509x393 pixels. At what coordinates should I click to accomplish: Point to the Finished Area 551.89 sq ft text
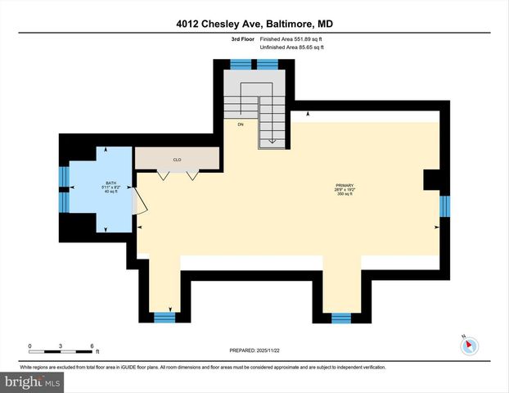pyautogui.click(x=292, y=39)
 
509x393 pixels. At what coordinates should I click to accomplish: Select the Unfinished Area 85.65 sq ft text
pyautogui.click(x=292, y=47)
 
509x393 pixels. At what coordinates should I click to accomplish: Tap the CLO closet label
pyautogui.click(x=177, y=160)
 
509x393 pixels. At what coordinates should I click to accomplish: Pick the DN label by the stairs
pyautogui.click(x=241, y=124)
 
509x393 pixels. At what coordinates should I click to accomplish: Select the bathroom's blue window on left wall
pyautogui.click(x=63, y=188)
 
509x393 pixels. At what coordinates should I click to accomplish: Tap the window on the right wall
pyautogui.click(x=444, y=206)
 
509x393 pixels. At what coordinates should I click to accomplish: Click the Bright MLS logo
pyautogui.click(x=33, y=382)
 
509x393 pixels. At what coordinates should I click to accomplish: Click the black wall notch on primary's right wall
pyautogui.click(x=431, y=180)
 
